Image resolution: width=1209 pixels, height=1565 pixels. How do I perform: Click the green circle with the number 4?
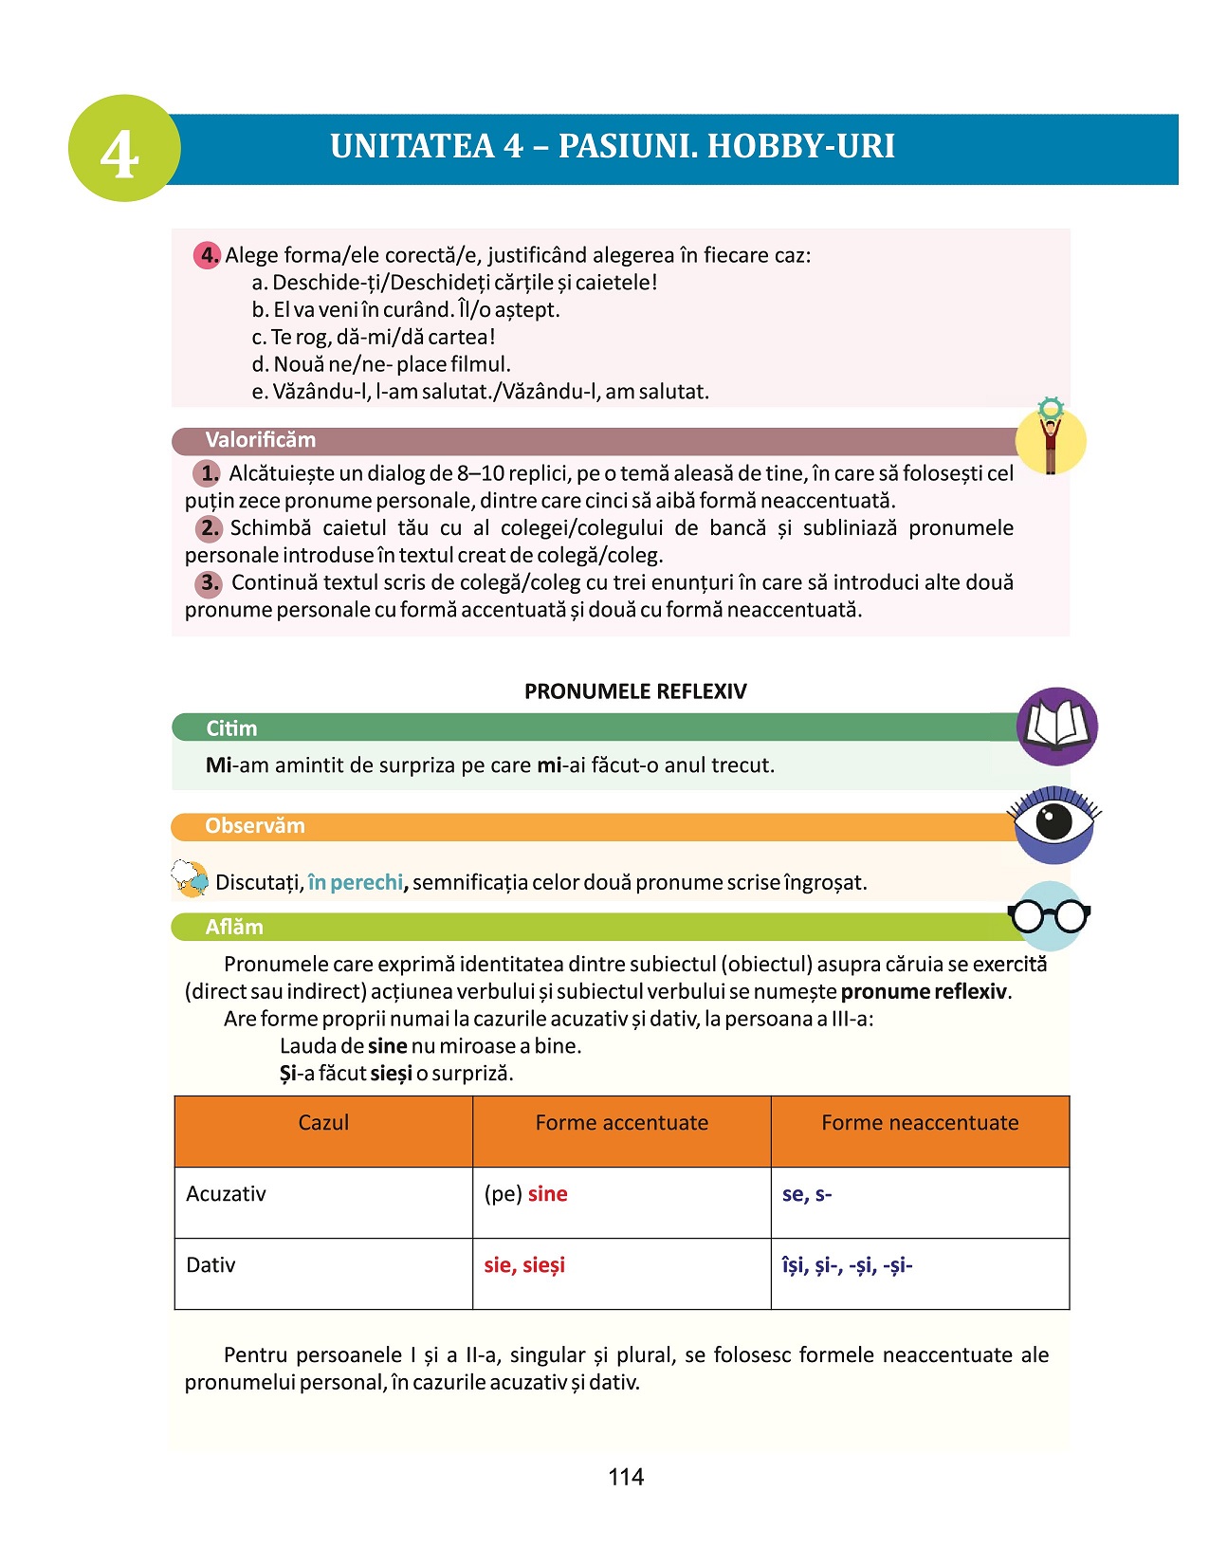123,149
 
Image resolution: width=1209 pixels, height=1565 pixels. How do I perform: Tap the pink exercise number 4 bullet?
208,255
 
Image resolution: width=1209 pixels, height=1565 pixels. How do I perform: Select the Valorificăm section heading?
261,440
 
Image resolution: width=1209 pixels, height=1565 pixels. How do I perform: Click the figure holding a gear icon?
1050,438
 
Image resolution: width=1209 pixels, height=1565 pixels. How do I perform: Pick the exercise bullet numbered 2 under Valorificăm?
209,528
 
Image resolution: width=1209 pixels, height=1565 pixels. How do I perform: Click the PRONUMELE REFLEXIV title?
635,691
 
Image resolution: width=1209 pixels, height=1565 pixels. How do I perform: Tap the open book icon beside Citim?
1056,726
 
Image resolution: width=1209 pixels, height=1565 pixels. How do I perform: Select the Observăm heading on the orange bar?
255,826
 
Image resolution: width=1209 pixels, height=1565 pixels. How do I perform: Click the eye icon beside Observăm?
1053,822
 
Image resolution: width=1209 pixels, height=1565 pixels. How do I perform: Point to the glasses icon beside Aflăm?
1049,915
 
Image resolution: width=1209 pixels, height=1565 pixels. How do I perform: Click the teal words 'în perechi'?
356,883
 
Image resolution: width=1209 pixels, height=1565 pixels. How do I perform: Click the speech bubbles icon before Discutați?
191,879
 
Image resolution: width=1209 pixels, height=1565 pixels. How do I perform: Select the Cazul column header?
323,1123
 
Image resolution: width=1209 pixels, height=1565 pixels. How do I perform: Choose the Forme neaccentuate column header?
920,1123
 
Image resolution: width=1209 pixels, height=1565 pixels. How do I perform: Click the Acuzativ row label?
226,1194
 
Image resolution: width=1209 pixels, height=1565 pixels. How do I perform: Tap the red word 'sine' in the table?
547,1194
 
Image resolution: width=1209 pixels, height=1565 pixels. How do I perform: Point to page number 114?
626,1477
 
